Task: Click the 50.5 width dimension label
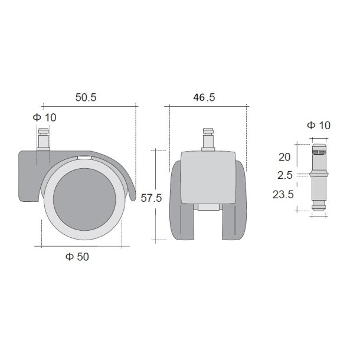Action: [x=86, y=98]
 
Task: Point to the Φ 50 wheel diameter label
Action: [x=78, y=257]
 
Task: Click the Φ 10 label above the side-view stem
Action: [x=45, y=117]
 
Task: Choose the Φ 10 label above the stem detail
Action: [x=319, y=125]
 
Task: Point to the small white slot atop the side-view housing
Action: [x=84, y=158]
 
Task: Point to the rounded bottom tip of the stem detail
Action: [x=318, y=207]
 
